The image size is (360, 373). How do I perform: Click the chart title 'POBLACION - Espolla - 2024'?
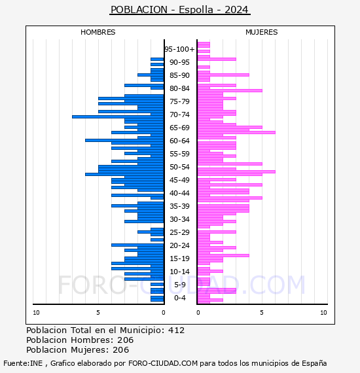179,10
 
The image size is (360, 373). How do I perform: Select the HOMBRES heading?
98,32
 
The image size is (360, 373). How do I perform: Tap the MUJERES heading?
262,32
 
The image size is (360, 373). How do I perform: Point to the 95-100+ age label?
179,49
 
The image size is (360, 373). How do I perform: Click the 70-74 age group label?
179,115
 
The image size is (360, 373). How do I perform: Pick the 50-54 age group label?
179,167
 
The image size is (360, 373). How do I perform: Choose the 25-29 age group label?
179,232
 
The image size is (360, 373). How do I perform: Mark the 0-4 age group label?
179,298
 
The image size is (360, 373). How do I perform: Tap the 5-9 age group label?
179,285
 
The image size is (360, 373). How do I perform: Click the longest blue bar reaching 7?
118,116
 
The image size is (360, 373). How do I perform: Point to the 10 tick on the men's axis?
36,313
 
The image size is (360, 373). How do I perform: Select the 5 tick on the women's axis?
262,313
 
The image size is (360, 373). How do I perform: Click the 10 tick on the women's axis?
323,313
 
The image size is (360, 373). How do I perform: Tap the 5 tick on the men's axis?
98,313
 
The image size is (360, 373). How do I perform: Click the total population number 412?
176,330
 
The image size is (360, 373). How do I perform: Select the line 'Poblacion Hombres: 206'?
80,340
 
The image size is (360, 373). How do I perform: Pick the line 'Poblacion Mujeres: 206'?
78,350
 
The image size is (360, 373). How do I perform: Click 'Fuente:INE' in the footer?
23,363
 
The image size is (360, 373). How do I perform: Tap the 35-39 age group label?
179,206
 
